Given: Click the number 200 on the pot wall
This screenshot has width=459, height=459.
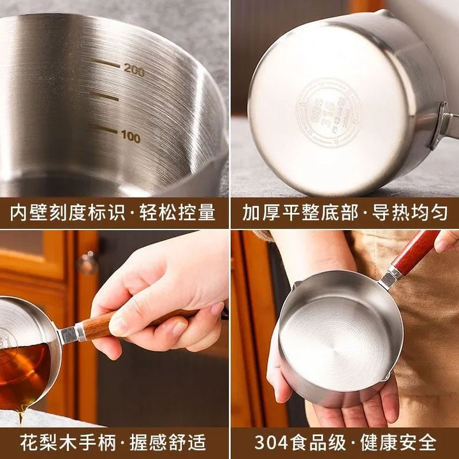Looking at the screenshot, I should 134,69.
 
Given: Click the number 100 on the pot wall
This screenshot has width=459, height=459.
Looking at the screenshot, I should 130,136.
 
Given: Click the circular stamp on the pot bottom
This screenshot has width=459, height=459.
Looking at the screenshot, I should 329,112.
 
